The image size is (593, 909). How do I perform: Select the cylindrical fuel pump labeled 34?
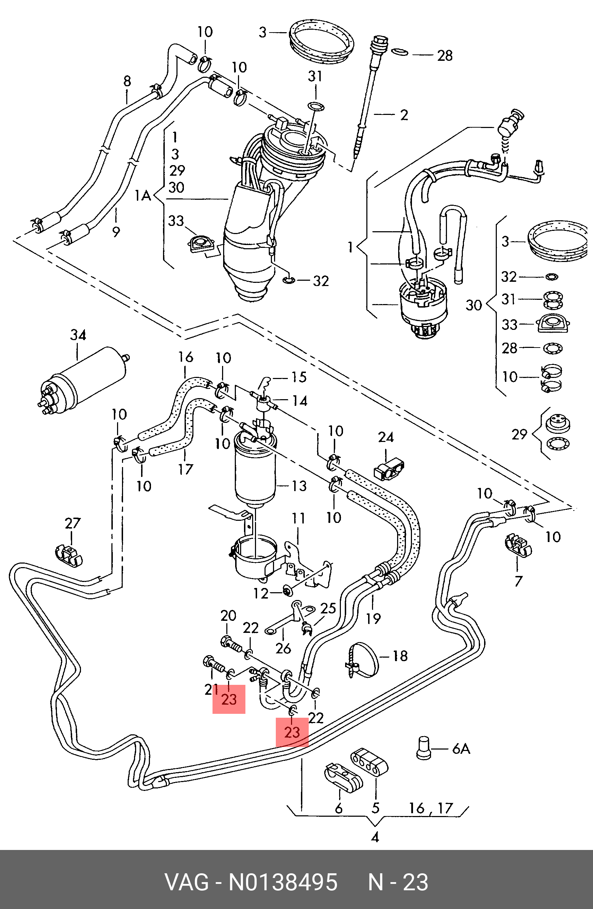coord(84,382)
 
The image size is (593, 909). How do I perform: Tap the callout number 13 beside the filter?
coord(299,486)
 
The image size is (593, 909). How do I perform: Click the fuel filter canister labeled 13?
coord(255,472)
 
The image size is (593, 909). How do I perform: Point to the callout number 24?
coord(386,437)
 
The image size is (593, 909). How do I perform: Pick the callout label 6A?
coord(461,748)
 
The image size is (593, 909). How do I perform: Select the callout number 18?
coord(400,656)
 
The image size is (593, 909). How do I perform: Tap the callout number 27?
coord(72,523)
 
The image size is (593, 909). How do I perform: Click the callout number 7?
coord(518,581)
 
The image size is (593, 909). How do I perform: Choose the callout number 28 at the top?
coord(445,56)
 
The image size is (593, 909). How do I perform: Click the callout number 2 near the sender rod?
coord(404,115)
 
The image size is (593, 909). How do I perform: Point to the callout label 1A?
coord(143,196)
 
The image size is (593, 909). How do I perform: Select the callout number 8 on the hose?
coord(127,81)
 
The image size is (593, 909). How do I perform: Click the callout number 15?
coord(299,377)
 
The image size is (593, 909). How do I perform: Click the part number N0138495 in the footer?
coord(283,882)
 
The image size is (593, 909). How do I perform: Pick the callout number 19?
coord(373,618)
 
